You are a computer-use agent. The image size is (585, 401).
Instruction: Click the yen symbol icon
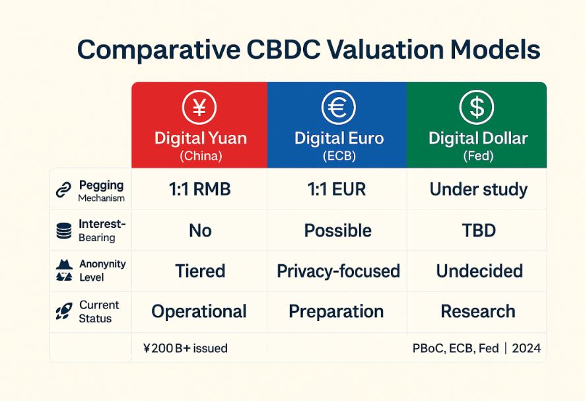tap(199, 107)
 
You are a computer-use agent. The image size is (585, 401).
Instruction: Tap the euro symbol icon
tap(339, 107)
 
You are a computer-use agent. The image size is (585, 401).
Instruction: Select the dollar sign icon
tap(477, 107)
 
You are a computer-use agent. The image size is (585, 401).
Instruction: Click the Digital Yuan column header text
tap(201, 138)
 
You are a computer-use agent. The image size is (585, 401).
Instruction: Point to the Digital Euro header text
tap(339, 138)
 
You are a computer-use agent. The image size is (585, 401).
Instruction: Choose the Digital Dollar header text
tap(478, 138)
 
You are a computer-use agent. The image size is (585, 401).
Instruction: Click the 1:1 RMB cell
tap(199, 189)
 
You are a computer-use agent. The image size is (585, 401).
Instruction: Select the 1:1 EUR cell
tap(337, 189)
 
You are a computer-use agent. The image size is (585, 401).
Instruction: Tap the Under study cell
tap(478, 189)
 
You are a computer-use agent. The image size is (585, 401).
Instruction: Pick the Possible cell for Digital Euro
tap(337, 231)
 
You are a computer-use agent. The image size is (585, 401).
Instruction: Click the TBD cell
tap(479, 231)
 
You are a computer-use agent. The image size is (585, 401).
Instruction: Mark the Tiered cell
tap(200, 271)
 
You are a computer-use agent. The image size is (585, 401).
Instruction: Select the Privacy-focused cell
tap(338, 271)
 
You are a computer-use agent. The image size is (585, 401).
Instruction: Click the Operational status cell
tap(199, 311)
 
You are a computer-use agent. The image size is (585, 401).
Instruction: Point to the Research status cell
tap(478, 311)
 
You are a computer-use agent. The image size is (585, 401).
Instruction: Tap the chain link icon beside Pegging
tap(63, 190)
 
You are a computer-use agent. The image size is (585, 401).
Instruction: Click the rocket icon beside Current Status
tap(64, 311)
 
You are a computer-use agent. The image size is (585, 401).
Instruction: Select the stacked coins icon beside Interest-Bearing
tap(64, 231)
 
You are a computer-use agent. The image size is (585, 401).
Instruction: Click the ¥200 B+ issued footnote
tap(185, 348)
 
